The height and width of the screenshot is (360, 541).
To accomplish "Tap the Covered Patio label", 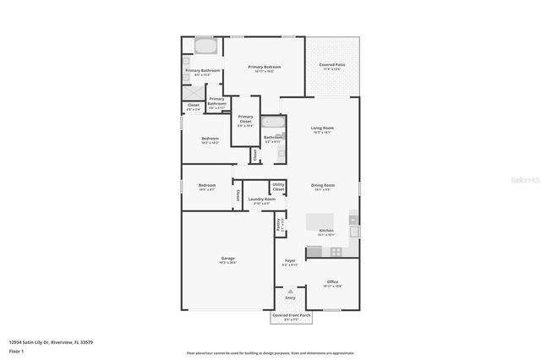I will (331, 65).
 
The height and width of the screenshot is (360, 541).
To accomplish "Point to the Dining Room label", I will (322, 186).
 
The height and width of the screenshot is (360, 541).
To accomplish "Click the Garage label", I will (227, 259).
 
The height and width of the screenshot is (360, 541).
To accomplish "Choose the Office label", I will (332, 283).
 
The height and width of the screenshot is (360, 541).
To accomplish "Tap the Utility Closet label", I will (278, 186).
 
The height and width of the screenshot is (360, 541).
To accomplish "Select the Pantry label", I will (279, 225).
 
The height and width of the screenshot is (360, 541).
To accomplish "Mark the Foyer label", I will (290, 261).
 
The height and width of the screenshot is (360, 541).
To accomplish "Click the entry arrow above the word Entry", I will (290, 291).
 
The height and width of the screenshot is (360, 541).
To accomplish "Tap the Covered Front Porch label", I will (290, 317).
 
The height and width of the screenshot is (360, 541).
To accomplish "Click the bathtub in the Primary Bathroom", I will (205, 46).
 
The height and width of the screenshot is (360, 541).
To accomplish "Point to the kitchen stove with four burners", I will (336, 251).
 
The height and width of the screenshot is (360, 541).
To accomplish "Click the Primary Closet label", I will (245, 119).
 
